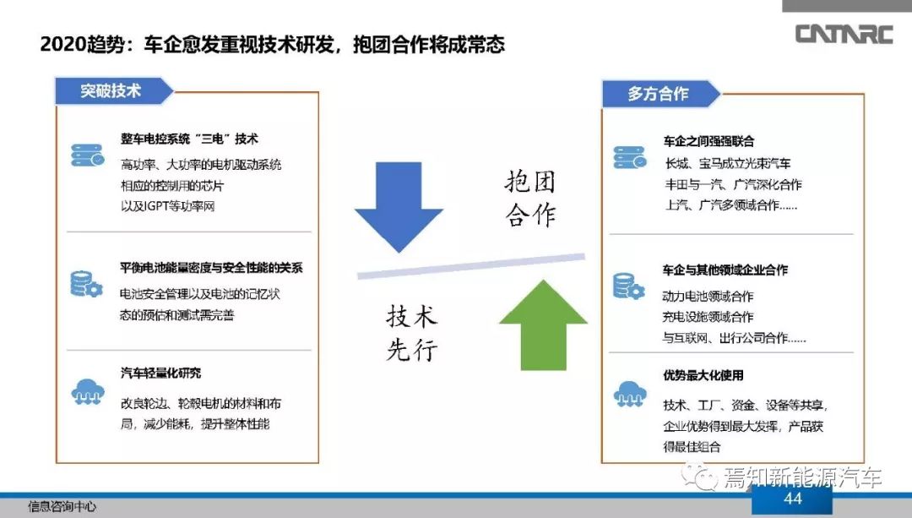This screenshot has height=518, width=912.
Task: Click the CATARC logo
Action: coord(844,34)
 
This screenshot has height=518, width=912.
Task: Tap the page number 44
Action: coord(793,499)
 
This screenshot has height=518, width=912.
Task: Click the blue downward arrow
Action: coord(399,207)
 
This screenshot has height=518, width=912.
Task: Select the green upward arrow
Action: coord(543,324)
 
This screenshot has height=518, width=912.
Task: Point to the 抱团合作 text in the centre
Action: coord(529,199)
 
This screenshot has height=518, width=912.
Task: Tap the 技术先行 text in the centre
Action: coord(412,333)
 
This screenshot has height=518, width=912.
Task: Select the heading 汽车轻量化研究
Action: coord(160,373)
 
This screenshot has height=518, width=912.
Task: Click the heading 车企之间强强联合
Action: coord(708,141)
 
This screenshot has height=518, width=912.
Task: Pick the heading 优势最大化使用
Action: coord(703,375)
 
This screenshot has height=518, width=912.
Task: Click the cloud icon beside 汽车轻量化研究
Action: coord(88,392)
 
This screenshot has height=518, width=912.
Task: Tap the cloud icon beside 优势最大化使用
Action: coord(630,394)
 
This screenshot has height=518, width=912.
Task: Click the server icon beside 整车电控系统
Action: coord(88,155)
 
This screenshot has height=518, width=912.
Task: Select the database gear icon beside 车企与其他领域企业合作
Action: coord(629,286)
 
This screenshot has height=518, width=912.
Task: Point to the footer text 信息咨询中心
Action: coord(62,506)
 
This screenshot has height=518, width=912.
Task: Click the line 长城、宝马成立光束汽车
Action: coord(728,164)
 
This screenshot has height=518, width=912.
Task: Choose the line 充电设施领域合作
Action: coord(708,317)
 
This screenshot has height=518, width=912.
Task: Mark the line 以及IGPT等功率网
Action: coord(167,206)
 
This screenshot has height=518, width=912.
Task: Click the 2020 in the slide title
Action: coord(62,44)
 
